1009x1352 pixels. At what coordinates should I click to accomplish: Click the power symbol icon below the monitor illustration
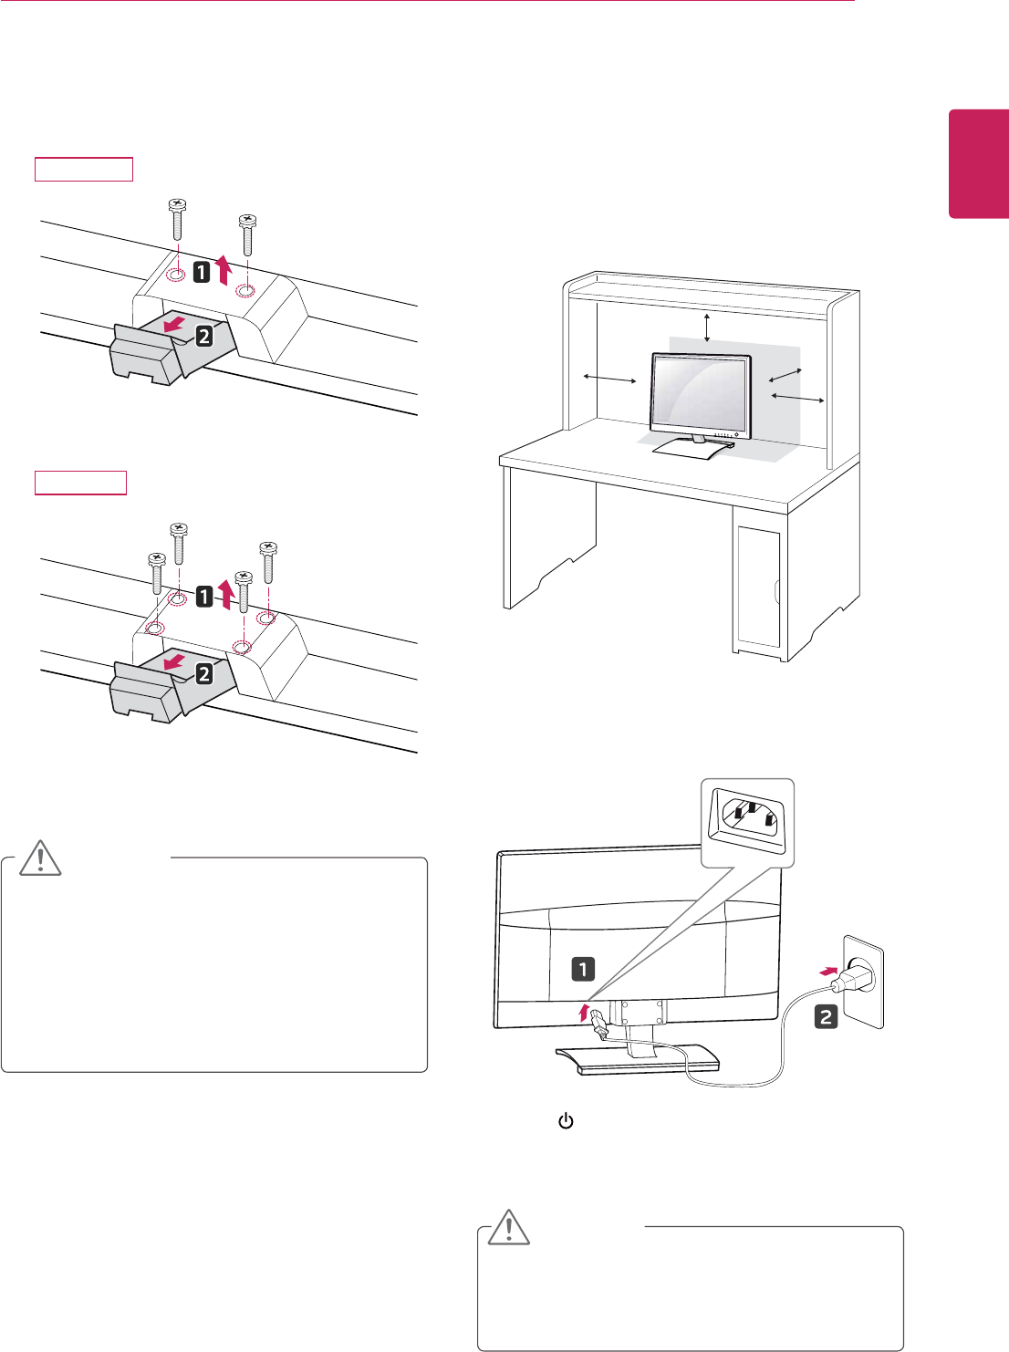(x=566, y=1121)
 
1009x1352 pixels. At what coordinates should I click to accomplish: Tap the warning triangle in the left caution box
(x=41, y=858)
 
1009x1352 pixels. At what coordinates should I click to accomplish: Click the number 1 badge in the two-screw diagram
(x=202, y=271)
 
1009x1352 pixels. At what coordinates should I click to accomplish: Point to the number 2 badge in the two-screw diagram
(x=203, y=336)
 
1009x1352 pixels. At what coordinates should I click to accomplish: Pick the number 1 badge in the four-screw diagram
(x=204, y=597)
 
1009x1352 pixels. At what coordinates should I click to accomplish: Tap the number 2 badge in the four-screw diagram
(x=204, y=673)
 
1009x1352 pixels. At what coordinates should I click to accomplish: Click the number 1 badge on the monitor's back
(x=582, y=968)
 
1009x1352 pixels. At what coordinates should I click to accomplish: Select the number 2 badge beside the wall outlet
(x=826, y=1016)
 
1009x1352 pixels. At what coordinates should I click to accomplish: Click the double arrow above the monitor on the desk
(x=707, y=327)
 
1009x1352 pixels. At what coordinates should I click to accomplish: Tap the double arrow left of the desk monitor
(x=610, y=378)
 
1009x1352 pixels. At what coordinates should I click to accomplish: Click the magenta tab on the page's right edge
(x=979, y=164)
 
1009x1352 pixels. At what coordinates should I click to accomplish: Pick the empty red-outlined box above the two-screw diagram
(x=84, y=169)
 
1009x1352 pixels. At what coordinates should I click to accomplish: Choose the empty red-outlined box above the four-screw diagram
(x=80, y=483)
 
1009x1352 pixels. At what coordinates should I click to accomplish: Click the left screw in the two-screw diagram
(x=178, y=224)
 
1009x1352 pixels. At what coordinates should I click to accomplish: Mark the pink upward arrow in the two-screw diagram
(x=224, y=271)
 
